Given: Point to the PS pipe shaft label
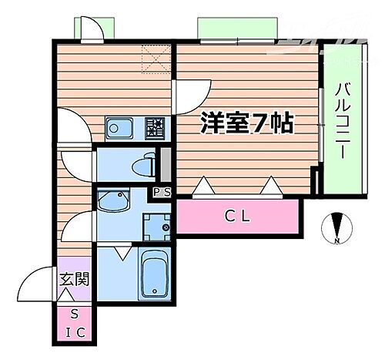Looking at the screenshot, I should tap(162, 192).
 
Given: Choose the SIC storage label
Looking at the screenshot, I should tap(74, 322).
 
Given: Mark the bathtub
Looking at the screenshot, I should tap(156, 274).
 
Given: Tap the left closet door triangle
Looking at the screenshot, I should tap(202, 186).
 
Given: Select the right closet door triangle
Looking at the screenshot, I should tap(270, 186).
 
